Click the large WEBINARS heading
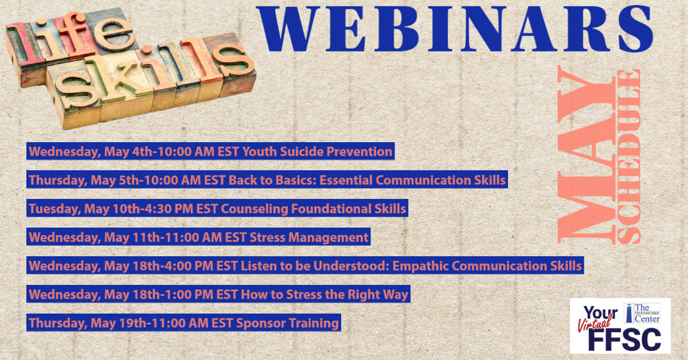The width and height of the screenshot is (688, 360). pyautogui.click(x=455, y=29)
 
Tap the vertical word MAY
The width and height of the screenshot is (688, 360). pyautogui.click(x=587, y=155)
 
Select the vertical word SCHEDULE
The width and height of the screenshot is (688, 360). pyautogui.click(x=628, y=156)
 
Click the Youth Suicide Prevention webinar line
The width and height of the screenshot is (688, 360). pyautogui.click(x=210, y=151)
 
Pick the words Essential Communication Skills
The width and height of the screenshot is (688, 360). pyautogui.click(x=412, y=179)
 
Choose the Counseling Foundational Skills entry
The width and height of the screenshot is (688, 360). pyautogui.click(x=217, y=208)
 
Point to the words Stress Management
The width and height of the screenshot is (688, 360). pyautogui.click(x=308, y=237)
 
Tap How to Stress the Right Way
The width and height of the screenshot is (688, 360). pyautogui.click(x=325, y=294)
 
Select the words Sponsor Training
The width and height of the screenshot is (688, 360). pyautogui.click(x=287, y=323)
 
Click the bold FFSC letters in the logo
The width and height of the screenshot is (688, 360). pyautogui.click(x=624, y=339)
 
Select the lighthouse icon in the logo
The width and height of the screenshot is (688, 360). pyautogui.click(x=629, y=313)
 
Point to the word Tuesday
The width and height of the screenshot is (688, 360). pyautogui.click(x=54, y=209)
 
